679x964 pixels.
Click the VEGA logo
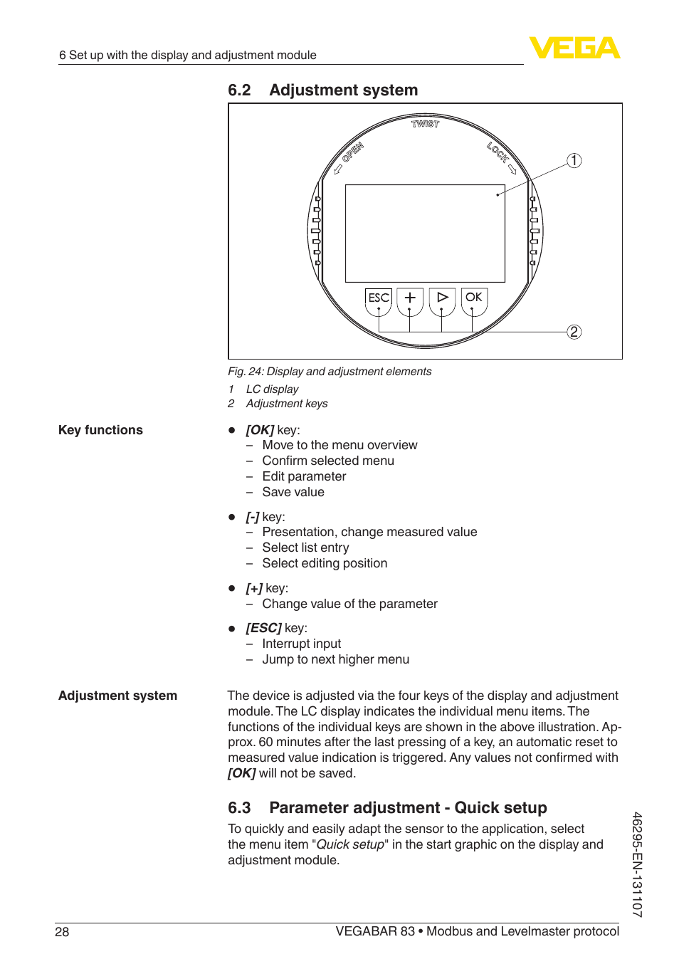point(574,48)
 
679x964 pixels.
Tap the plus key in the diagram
point(410,298)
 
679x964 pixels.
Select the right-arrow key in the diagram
point(442,297)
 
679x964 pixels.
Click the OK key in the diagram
point(474,297)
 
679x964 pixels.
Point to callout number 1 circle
point(574,160)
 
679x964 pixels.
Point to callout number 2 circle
point(574,332)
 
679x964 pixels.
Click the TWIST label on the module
point(426,124)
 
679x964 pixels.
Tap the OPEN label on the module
point(352,152)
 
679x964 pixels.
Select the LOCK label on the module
point(498,152)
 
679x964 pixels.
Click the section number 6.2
point(239,90)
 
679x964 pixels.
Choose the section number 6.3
point(239,808)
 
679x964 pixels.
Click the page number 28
point(62,932)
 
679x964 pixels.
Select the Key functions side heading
point(100,430)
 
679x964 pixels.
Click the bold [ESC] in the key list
point(263,628)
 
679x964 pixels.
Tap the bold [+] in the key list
point(254,588)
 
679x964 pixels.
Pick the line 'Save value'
point(293,492)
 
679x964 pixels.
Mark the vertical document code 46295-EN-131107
point(637,864)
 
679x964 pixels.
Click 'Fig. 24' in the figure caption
point(245,372)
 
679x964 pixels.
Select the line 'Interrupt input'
point(301,644)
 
